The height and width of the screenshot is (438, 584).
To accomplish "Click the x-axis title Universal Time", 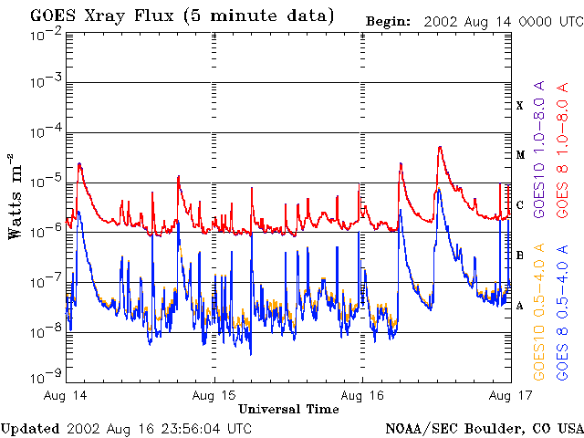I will [288, 409].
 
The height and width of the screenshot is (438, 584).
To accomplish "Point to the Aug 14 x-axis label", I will [67, 395].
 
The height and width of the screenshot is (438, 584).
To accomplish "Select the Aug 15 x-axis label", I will [214, 395].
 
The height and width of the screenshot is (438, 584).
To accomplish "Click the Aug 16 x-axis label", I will [362, 395].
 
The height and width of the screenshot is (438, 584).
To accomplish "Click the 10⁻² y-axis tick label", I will [45, 34].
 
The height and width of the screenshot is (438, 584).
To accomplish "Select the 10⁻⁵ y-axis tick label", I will [45, 182].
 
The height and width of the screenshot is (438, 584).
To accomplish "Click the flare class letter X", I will [520, 106].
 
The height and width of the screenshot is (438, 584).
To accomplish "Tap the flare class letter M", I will [520, 155].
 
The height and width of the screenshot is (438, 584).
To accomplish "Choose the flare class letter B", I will [520, 255].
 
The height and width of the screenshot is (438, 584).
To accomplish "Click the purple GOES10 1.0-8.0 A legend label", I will [539, 150].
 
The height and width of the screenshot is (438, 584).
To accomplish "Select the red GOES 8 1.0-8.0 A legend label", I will [563, 150].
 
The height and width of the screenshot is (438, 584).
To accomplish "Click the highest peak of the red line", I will [440, 147].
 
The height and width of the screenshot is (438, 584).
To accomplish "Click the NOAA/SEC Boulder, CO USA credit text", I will [485, 428].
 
